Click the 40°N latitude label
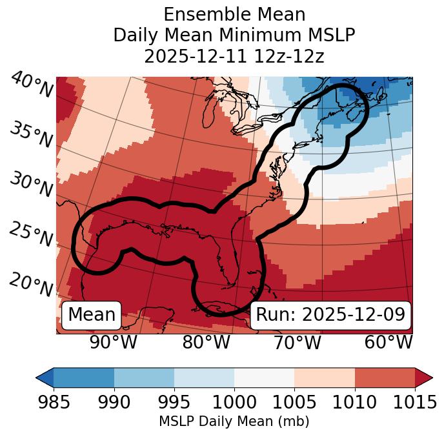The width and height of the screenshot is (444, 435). [32, 86]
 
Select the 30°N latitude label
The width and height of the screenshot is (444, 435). [30, 185]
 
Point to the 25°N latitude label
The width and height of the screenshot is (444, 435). [30, 234]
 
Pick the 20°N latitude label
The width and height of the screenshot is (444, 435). [30, 284]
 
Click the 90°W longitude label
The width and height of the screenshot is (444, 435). [113, 342]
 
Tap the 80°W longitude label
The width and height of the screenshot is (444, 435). [206, 342]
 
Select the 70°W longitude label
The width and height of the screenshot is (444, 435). [297, 342]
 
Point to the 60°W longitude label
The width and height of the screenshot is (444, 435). [388, 342]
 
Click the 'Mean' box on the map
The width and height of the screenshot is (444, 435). [92, 315]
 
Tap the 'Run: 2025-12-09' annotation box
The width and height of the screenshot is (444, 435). [330, 315]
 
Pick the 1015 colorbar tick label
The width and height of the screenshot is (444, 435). [414, 402]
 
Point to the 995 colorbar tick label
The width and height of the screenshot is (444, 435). [174, 402]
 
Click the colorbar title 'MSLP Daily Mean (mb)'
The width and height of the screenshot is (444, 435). [234, 421]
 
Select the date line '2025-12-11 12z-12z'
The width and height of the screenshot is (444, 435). [234, 56]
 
